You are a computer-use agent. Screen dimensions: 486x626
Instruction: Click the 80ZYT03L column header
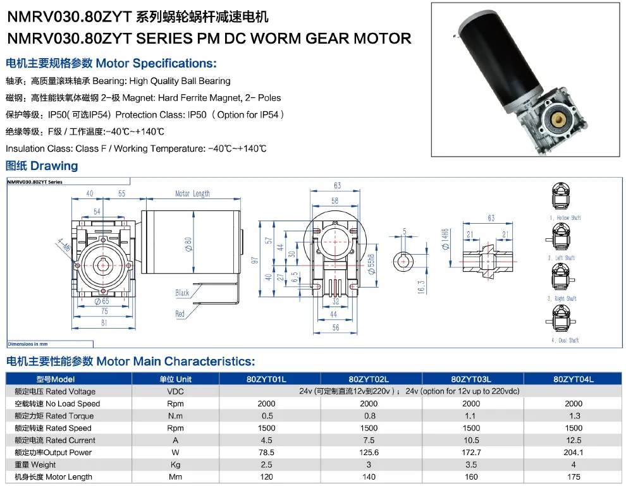pyautogui.click(x=471, y=379)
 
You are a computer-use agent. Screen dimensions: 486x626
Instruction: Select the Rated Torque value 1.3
pyautogui.click(x=574, y=416)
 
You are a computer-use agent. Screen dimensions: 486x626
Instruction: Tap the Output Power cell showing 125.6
pyautogui.click(x=369, y=453)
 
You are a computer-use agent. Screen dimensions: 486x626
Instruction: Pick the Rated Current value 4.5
pyautogui.click(x=267, y=440)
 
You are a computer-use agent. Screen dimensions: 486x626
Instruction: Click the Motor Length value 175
pyautogui.click(x=574, y=477)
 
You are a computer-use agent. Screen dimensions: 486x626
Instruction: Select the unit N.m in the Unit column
pyautogui.click(x=175, y=416)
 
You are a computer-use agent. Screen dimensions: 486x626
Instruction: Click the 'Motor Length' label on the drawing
pyautogui.click(x=193, y=193)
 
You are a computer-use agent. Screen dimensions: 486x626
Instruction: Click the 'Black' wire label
pyautogui.click(x=182, y=293)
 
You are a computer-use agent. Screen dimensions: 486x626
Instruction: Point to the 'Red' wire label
pyautogui.click(x=180, y=313)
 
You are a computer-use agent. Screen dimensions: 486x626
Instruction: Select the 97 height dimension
pyautogui.click(x=254, y=260)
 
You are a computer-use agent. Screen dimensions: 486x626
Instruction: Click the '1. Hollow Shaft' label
pyautogui.click(x=565, y=218)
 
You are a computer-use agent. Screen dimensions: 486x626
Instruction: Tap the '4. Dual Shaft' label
pyautogui.click(x=564, y=340)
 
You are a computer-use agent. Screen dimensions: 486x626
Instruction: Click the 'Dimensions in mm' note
pyautogui.click(x=28, y=344)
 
